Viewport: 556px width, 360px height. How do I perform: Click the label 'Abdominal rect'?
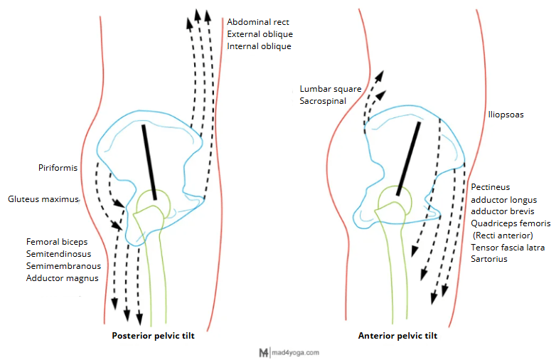[258, 22]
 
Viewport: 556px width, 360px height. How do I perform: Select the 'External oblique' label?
[260, 34]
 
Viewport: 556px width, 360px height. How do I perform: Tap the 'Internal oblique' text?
[259, 46]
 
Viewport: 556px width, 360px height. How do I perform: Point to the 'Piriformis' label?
[58, 168]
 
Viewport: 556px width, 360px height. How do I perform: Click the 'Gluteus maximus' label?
[43, 199]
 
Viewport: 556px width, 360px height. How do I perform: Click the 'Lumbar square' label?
[331, 89]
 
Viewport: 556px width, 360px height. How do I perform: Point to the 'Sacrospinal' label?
[323, 101]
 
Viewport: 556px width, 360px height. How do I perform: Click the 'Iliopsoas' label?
[506, 114]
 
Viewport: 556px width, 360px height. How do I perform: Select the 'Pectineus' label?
[491, 186]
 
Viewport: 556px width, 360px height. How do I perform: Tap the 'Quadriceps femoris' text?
[510, 223]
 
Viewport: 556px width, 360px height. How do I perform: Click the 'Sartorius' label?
[489, 259]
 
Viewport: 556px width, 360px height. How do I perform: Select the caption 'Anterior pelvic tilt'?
[397, 336]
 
